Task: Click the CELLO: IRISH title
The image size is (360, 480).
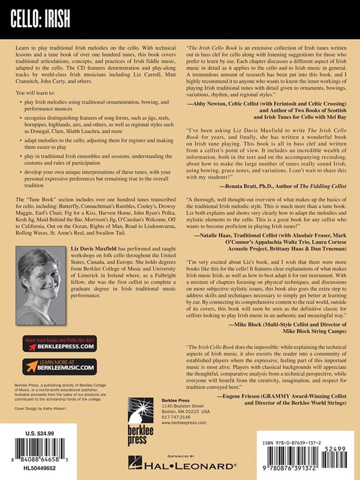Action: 39,20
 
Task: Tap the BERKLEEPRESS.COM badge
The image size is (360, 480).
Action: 59,344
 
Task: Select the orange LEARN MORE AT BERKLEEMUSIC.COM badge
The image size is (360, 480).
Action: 59,367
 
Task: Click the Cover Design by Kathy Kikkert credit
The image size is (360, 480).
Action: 42,408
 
